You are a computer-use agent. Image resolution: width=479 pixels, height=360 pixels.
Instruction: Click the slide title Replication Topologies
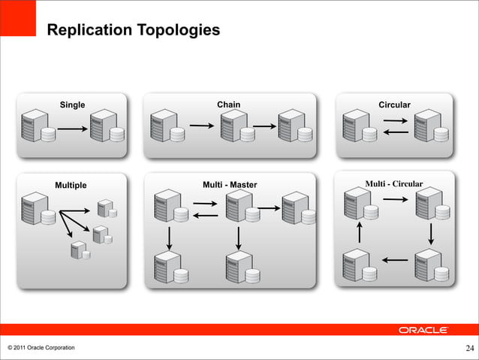tap(133, 30)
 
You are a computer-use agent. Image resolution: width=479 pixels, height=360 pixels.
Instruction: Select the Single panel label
tap(73, 104)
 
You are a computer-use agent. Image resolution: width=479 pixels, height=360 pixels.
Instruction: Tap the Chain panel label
tap(228, 104)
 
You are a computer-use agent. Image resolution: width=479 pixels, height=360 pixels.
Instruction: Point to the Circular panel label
tap(394, 104)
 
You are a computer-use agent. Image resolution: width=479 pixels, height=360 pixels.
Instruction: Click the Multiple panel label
tap(71, 186)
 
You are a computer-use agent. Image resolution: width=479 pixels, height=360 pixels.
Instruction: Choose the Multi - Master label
tap(230, 185)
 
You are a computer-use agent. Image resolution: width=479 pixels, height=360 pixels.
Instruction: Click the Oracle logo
tap(423, 330)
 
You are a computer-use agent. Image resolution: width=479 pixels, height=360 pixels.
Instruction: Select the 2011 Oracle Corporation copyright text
tap(41, 347)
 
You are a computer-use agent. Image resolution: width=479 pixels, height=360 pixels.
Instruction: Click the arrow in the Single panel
tap(73, 129)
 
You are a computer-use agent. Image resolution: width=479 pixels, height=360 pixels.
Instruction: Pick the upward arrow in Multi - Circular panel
tap(360, 229)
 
